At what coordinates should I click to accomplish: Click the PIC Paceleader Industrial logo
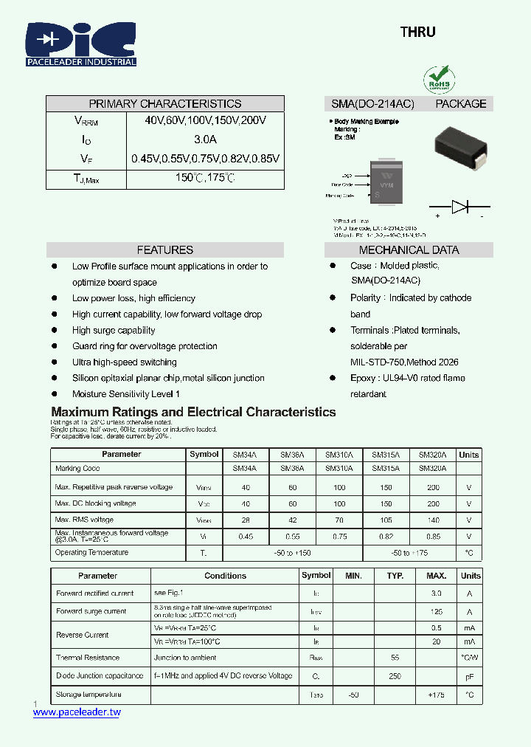point(81,44)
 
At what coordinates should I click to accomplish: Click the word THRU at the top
point(417,32)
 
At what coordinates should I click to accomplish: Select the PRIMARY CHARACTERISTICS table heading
point(165,104)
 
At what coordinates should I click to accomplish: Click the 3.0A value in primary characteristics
point(205,140)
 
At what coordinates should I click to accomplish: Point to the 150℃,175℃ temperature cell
point(205,178)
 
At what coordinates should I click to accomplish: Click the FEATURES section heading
point(165,250)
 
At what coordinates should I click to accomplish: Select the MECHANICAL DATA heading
point(409,250)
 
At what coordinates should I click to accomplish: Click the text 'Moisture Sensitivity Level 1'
point(126,394)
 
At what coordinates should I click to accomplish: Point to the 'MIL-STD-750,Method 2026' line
point(404,362)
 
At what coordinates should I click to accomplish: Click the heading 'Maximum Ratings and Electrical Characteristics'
point(193,413)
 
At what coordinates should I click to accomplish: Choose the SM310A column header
point(339,455)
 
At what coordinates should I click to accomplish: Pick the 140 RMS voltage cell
point(433,520)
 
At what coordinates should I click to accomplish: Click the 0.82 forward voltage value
point(386,537)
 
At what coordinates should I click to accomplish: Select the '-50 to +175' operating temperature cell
point(409,553)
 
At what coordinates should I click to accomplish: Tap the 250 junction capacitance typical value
point(395,676)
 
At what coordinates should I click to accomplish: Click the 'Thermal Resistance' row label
point(87,658)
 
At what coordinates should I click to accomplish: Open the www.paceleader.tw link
point(77,712)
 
